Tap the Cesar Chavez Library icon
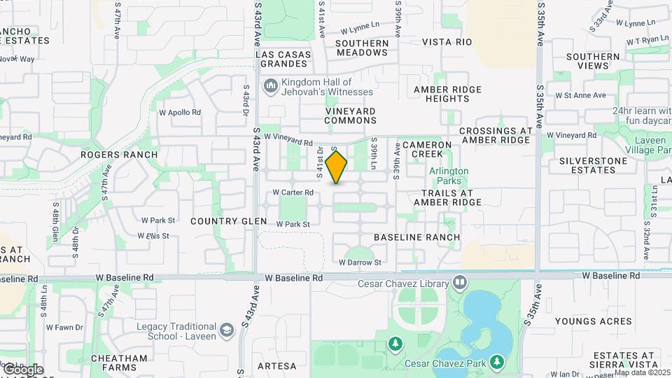coord(460,283)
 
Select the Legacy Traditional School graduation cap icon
coord(227,329)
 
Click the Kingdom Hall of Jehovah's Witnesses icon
coord(270,86)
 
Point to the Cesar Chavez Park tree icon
coord(496,362)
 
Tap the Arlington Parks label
coord(449,176)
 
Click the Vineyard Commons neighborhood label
coord(351,115)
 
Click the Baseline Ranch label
coord(417,237)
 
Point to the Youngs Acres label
coord(594,322)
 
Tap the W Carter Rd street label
coord(293,192)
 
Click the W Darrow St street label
coord(360,262)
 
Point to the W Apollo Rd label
coord(180,112)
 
